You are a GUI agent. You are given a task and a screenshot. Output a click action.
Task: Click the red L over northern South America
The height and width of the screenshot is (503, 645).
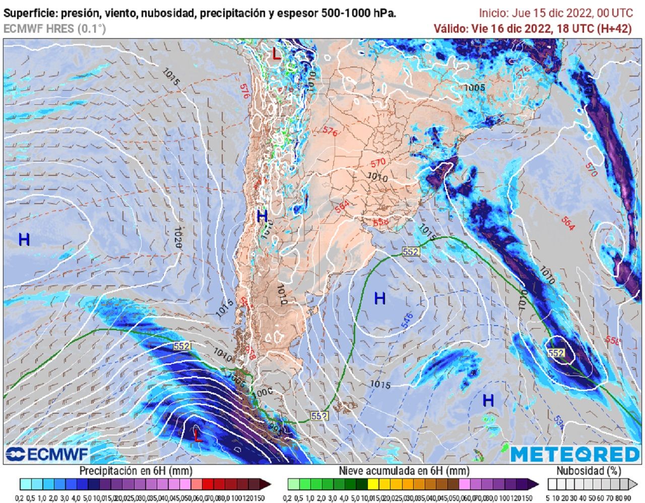tap(276, 54)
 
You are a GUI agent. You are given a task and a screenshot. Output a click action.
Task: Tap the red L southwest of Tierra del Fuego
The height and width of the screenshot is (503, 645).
tap(198, 435)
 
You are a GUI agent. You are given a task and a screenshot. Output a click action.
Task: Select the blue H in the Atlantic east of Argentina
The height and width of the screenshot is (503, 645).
tap(379, 298)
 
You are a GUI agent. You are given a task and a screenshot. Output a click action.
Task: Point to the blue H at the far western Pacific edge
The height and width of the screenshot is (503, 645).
tap(24, 240)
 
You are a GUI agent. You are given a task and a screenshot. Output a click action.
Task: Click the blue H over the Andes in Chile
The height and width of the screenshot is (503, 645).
tap(262, 217)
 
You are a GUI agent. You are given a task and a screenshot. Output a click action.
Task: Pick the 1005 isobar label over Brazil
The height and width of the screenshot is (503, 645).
tap(474, 88)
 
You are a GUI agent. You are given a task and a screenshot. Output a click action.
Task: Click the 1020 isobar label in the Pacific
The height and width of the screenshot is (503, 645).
tap(177, 237)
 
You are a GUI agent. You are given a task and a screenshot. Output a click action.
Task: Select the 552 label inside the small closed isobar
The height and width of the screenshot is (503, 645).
tap(556, 353)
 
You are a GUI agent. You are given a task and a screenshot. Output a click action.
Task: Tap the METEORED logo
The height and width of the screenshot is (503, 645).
tap(575, 454)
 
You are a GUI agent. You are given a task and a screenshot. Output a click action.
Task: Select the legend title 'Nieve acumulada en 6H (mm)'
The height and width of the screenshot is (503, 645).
tap(404, 471)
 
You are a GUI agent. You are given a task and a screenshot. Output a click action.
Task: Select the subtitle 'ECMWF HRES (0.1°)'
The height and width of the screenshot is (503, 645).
tap(55, 29)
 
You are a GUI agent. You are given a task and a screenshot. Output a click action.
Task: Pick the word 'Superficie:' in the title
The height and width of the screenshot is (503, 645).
tap(28, 14)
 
